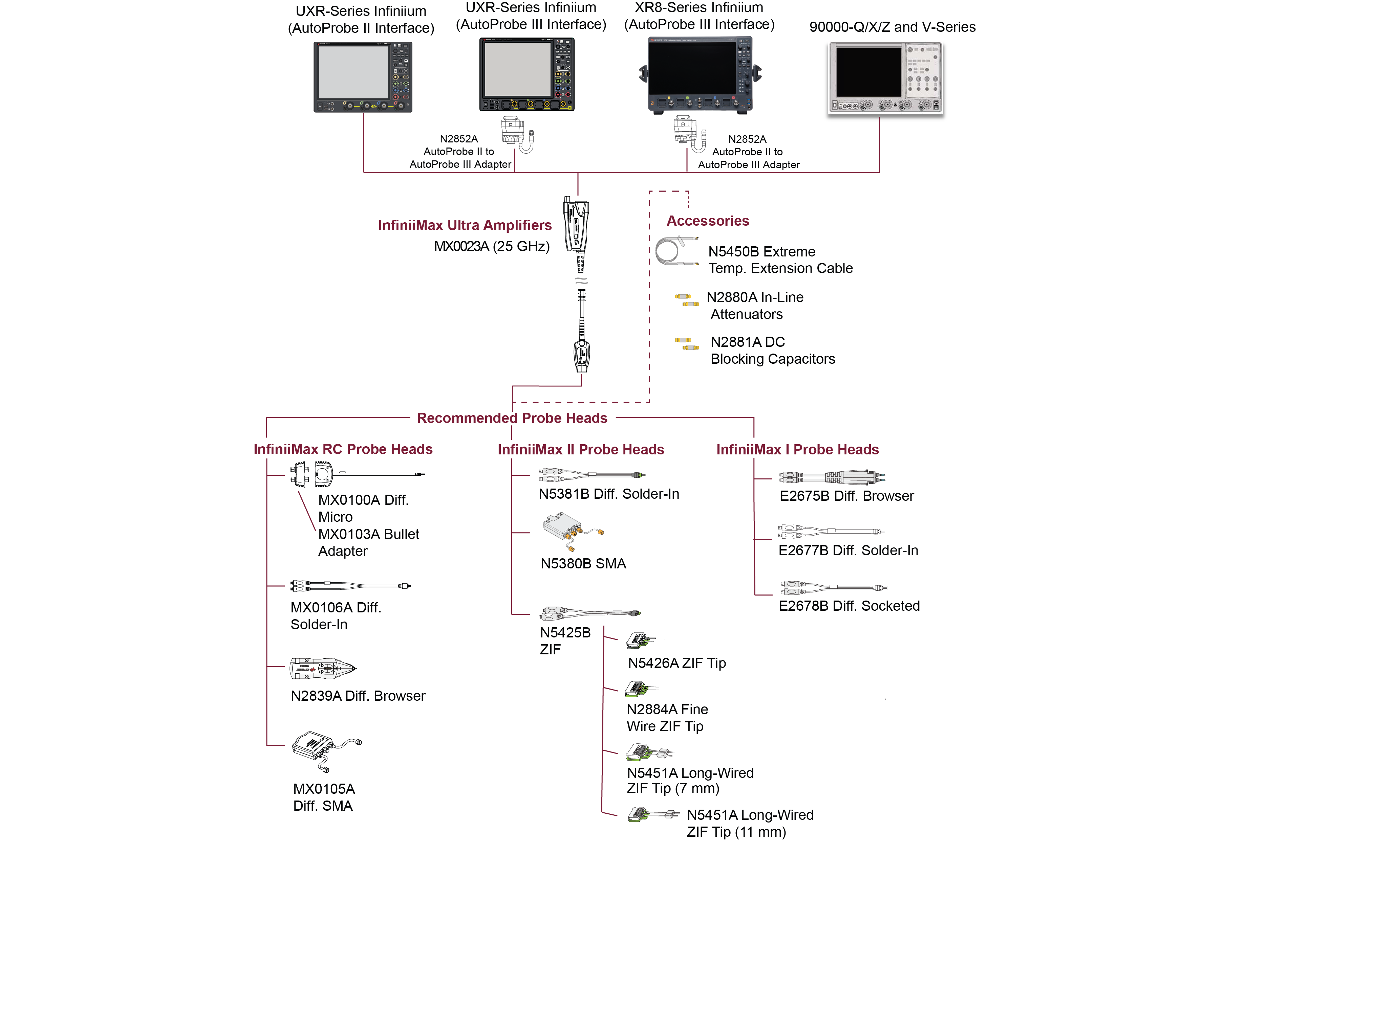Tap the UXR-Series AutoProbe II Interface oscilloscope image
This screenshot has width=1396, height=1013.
pyautogui.click(x=363, y=77)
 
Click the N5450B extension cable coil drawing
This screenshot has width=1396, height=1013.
pyautogui.click(x=676, y=251)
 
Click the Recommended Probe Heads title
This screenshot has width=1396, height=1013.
pyautogui.click(x=512, y=418)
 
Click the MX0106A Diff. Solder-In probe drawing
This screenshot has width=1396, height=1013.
pyautogui.click(x=350, y=586)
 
